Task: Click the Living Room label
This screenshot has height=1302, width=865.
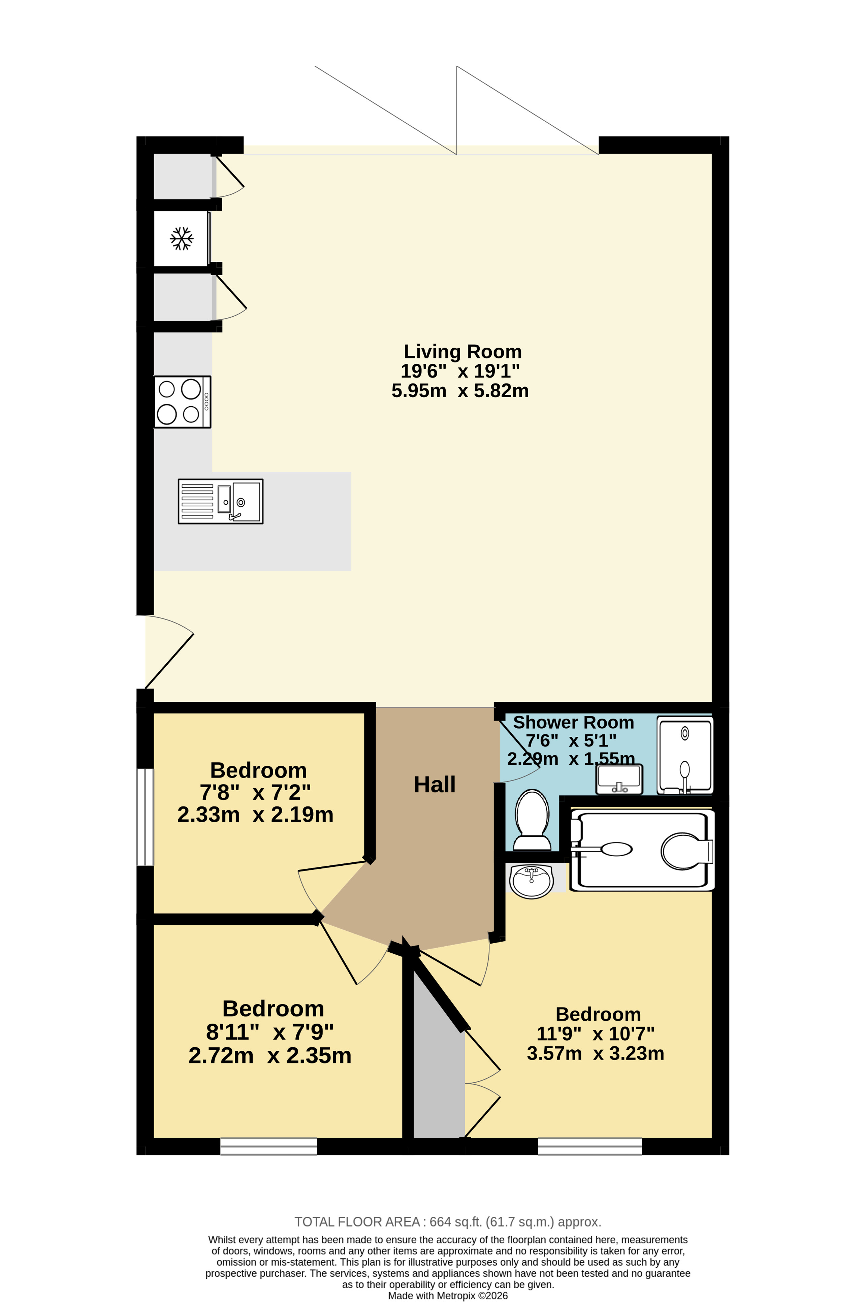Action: [462, 351]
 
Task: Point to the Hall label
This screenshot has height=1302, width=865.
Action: [435, 785]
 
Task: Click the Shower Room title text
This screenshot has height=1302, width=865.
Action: [573, 722]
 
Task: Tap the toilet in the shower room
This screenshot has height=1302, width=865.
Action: [532, 820]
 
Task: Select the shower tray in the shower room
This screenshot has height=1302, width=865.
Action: [685, 755]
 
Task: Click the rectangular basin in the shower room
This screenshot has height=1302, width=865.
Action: [619, 779]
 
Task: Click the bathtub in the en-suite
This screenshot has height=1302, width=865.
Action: [642, 850]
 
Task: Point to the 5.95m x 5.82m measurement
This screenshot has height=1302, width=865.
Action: [460, 391]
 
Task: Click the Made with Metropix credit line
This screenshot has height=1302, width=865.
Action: [448, 1296]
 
